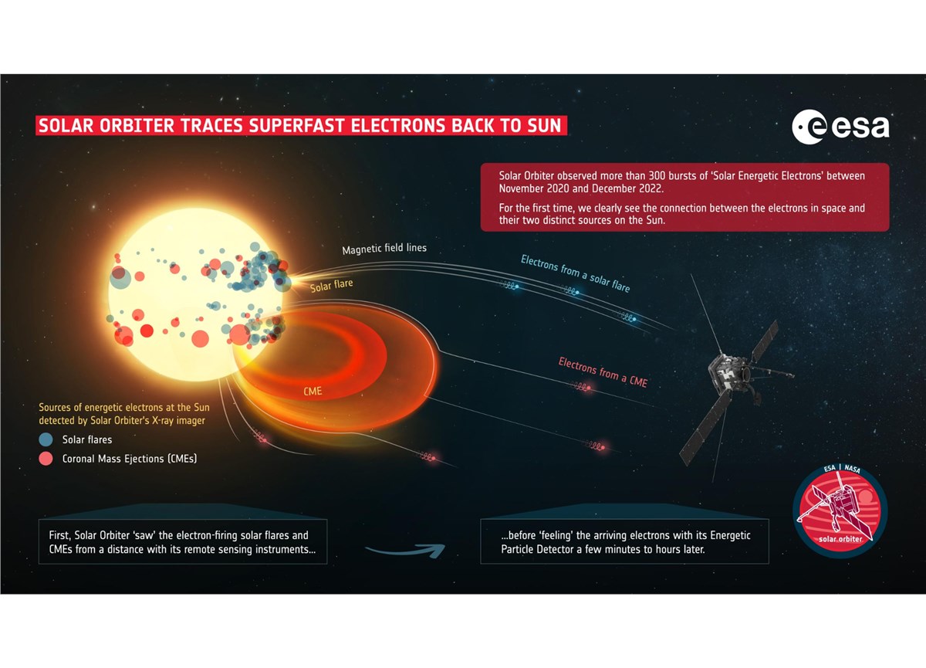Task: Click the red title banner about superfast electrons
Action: (301, 125)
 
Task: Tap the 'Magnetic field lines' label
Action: (384, 249)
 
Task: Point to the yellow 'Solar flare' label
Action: (332, 286)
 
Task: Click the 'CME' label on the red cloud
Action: (313, 392)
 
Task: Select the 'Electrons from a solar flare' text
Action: (575, 273)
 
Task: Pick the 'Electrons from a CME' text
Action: (603, 372)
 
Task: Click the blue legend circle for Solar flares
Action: (46, 439)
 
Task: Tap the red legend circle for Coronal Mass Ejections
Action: (46, 459)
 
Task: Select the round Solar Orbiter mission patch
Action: (840, 512)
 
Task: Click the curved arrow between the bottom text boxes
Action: (405, 550)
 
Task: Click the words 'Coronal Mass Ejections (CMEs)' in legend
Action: (130, 459)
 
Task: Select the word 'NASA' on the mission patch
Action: (853, 469)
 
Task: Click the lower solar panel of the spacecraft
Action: (705, 428)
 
